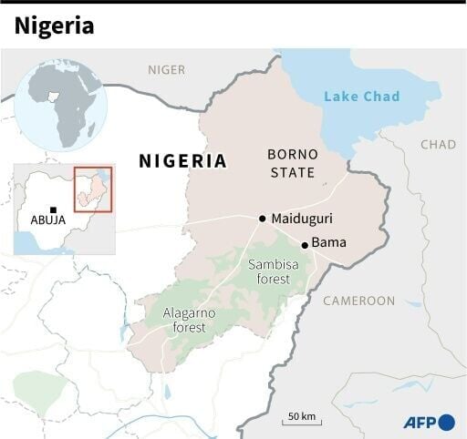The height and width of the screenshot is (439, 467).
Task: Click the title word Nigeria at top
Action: (x=54, y=26)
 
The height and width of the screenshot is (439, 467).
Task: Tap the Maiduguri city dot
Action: (x=263, y=219)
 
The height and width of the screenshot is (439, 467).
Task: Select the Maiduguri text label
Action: (x=301, y=219)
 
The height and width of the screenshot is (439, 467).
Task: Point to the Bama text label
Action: (x=329, y=242)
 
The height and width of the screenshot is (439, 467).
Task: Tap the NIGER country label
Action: (x=166, y=69)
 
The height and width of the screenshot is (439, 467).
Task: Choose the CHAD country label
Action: (x=438, y=145)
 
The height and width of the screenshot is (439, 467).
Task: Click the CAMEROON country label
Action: (x=359, y=301)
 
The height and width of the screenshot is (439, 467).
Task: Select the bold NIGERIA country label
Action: (x=182, y=161)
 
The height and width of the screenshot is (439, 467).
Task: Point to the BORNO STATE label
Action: (x=292, y=163)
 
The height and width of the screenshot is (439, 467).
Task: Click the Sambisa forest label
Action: (x=268, y=271)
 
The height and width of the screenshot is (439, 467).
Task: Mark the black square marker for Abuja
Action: (x=54, y=209)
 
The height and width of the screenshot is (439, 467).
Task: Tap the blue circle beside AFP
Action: (x=446, y=422)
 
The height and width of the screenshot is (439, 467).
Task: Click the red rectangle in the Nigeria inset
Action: (x=92, y=189)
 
